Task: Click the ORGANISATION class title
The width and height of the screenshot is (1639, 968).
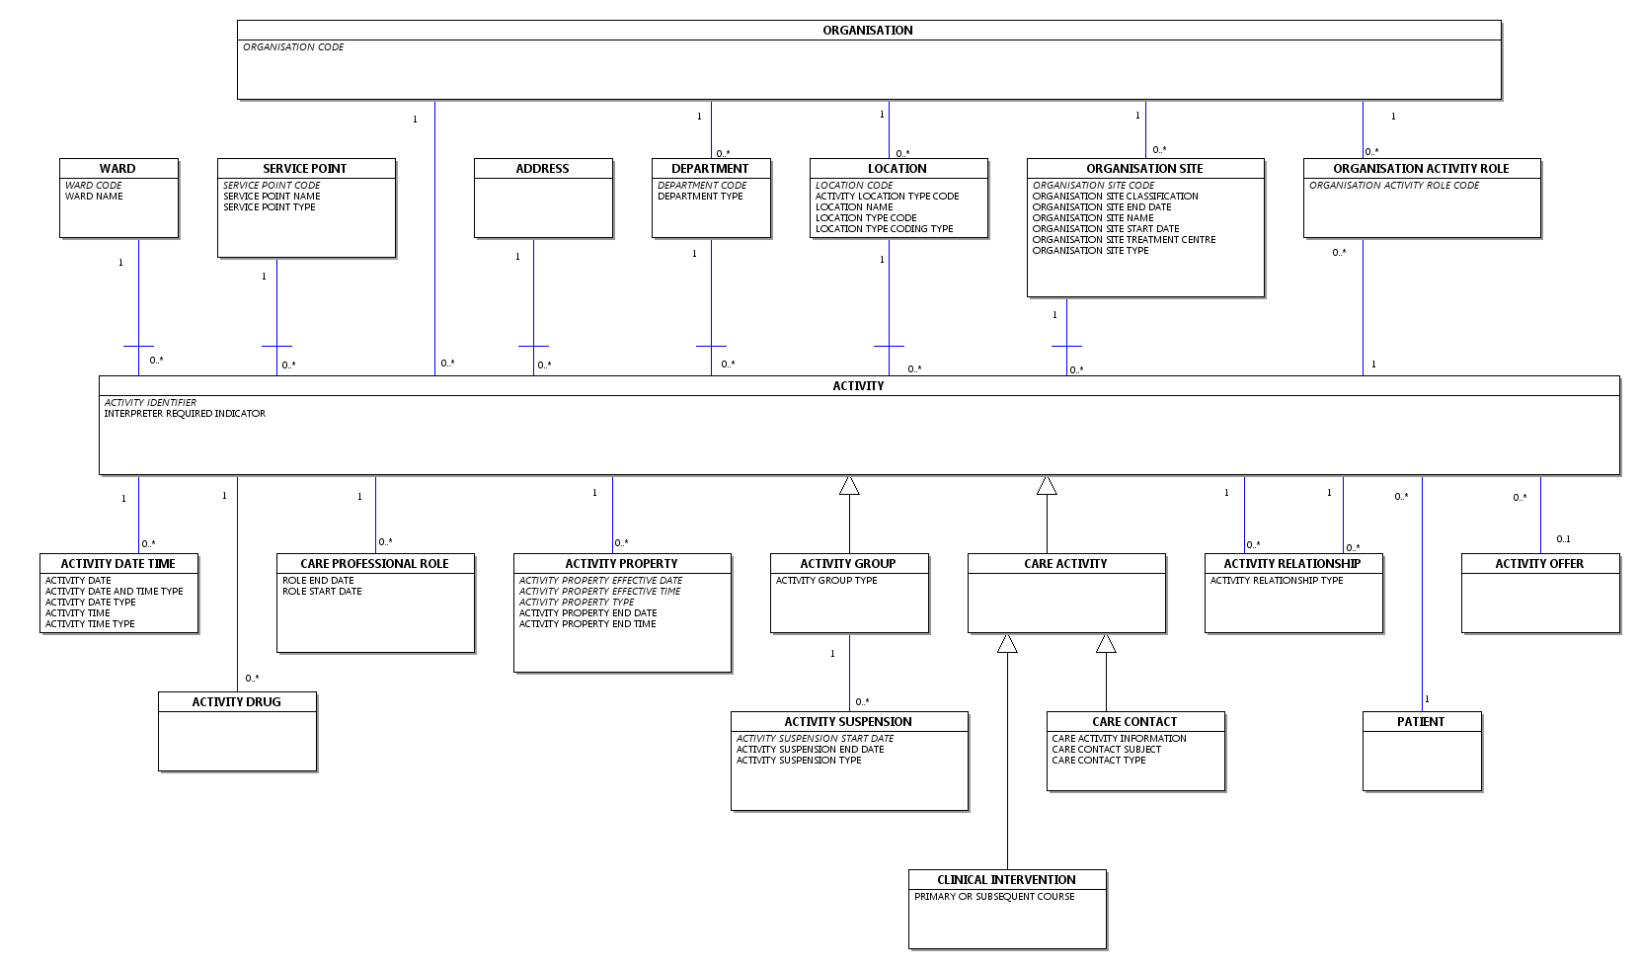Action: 867,30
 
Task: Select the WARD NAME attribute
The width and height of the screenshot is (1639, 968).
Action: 94,197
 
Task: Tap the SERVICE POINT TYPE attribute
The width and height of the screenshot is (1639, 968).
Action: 270,207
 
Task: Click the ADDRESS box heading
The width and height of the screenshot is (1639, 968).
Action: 542,168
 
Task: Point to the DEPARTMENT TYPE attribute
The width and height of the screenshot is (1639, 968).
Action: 700,197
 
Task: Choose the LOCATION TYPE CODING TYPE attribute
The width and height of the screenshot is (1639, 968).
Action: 884,229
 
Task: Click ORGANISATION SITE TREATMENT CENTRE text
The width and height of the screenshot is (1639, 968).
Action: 1124,239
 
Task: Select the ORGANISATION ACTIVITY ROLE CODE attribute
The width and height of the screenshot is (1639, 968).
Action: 1394,186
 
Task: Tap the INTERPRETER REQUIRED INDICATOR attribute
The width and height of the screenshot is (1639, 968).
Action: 185,414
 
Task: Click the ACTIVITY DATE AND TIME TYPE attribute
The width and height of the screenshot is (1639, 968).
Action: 115,592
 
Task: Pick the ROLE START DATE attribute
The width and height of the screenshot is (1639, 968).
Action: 322,592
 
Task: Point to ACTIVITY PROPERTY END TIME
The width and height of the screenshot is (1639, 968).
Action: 587,624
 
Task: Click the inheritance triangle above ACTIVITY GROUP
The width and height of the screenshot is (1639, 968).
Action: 849,485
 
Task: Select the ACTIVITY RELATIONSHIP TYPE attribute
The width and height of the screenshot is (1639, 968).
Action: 1276,581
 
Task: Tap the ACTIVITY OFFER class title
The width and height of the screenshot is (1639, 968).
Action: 1538,564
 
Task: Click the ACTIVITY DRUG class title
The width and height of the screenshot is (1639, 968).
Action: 236,702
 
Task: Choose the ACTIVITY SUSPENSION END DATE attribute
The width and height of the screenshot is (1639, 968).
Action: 810,750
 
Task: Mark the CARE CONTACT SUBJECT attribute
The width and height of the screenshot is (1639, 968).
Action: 1106,750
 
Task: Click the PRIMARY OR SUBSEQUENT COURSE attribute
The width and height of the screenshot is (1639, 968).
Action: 994,897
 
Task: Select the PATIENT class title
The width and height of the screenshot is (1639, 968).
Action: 1420,722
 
